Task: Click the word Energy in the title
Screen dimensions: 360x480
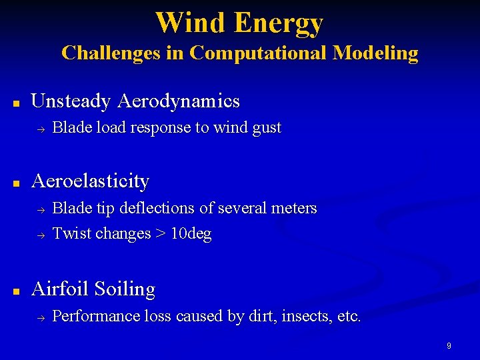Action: pyautogui.click(x=278, y=24)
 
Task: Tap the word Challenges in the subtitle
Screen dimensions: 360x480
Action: pyautogui.click(x=111, y=53)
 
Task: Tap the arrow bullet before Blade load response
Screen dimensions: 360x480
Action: pyautogui.click(x=39, y=129)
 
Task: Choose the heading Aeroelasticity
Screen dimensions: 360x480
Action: pyautogui.click(x=91, y=181)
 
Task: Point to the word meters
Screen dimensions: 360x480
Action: pyautogui.click(x=294, y=208)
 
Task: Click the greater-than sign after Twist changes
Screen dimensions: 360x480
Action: pyautogui.click(x=160, y=234)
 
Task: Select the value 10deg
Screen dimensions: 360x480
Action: pyautogui.click(x=191, y=234)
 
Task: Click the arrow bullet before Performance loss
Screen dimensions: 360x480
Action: pyautogui.click(x=39, y=317)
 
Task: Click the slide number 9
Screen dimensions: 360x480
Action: pyautogui.click(x=449, y=346)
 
